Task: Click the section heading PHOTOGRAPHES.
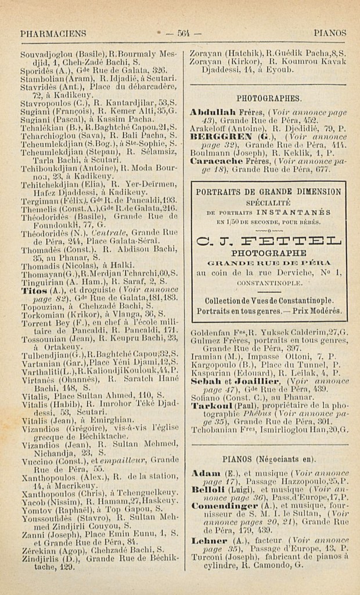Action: pos(269,98)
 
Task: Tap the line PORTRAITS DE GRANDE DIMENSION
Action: pos(268,192)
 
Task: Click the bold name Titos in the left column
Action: pos(29,289)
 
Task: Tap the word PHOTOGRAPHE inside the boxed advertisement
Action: pos(268,253)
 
